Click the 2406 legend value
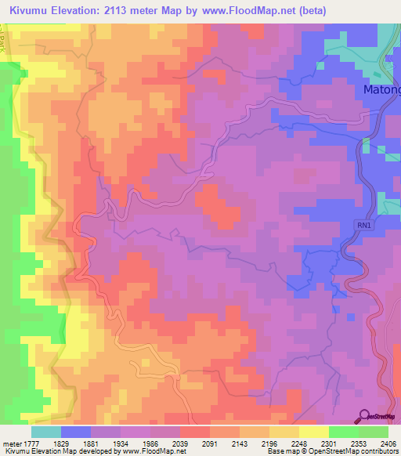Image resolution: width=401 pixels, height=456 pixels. pos(388,443)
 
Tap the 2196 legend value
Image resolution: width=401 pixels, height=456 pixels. pos(269,443)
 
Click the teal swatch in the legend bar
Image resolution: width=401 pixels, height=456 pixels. pos(46,432)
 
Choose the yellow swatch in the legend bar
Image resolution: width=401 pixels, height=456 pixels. pos(314,432)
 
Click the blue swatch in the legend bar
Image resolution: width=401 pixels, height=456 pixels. pos(76,432)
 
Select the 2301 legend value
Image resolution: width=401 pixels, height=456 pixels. pos(329,443)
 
